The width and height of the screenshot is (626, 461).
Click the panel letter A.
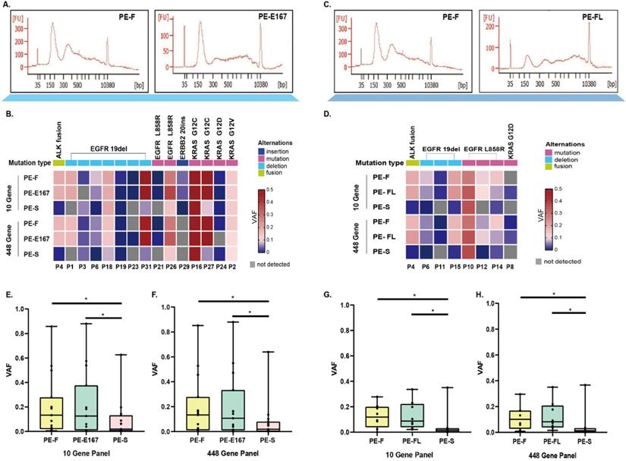pos(7,5)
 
